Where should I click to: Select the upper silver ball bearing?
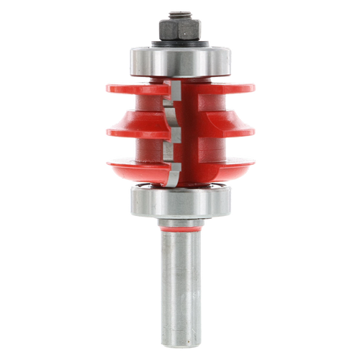[180, 60]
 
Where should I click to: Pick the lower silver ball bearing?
[180, 201]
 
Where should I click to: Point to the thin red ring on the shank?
[180, 230]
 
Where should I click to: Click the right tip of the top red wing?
[256, 88]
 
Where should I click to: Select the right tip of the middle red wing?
[256, 133]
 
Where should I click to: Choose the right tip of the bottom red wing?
[256, 164]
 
